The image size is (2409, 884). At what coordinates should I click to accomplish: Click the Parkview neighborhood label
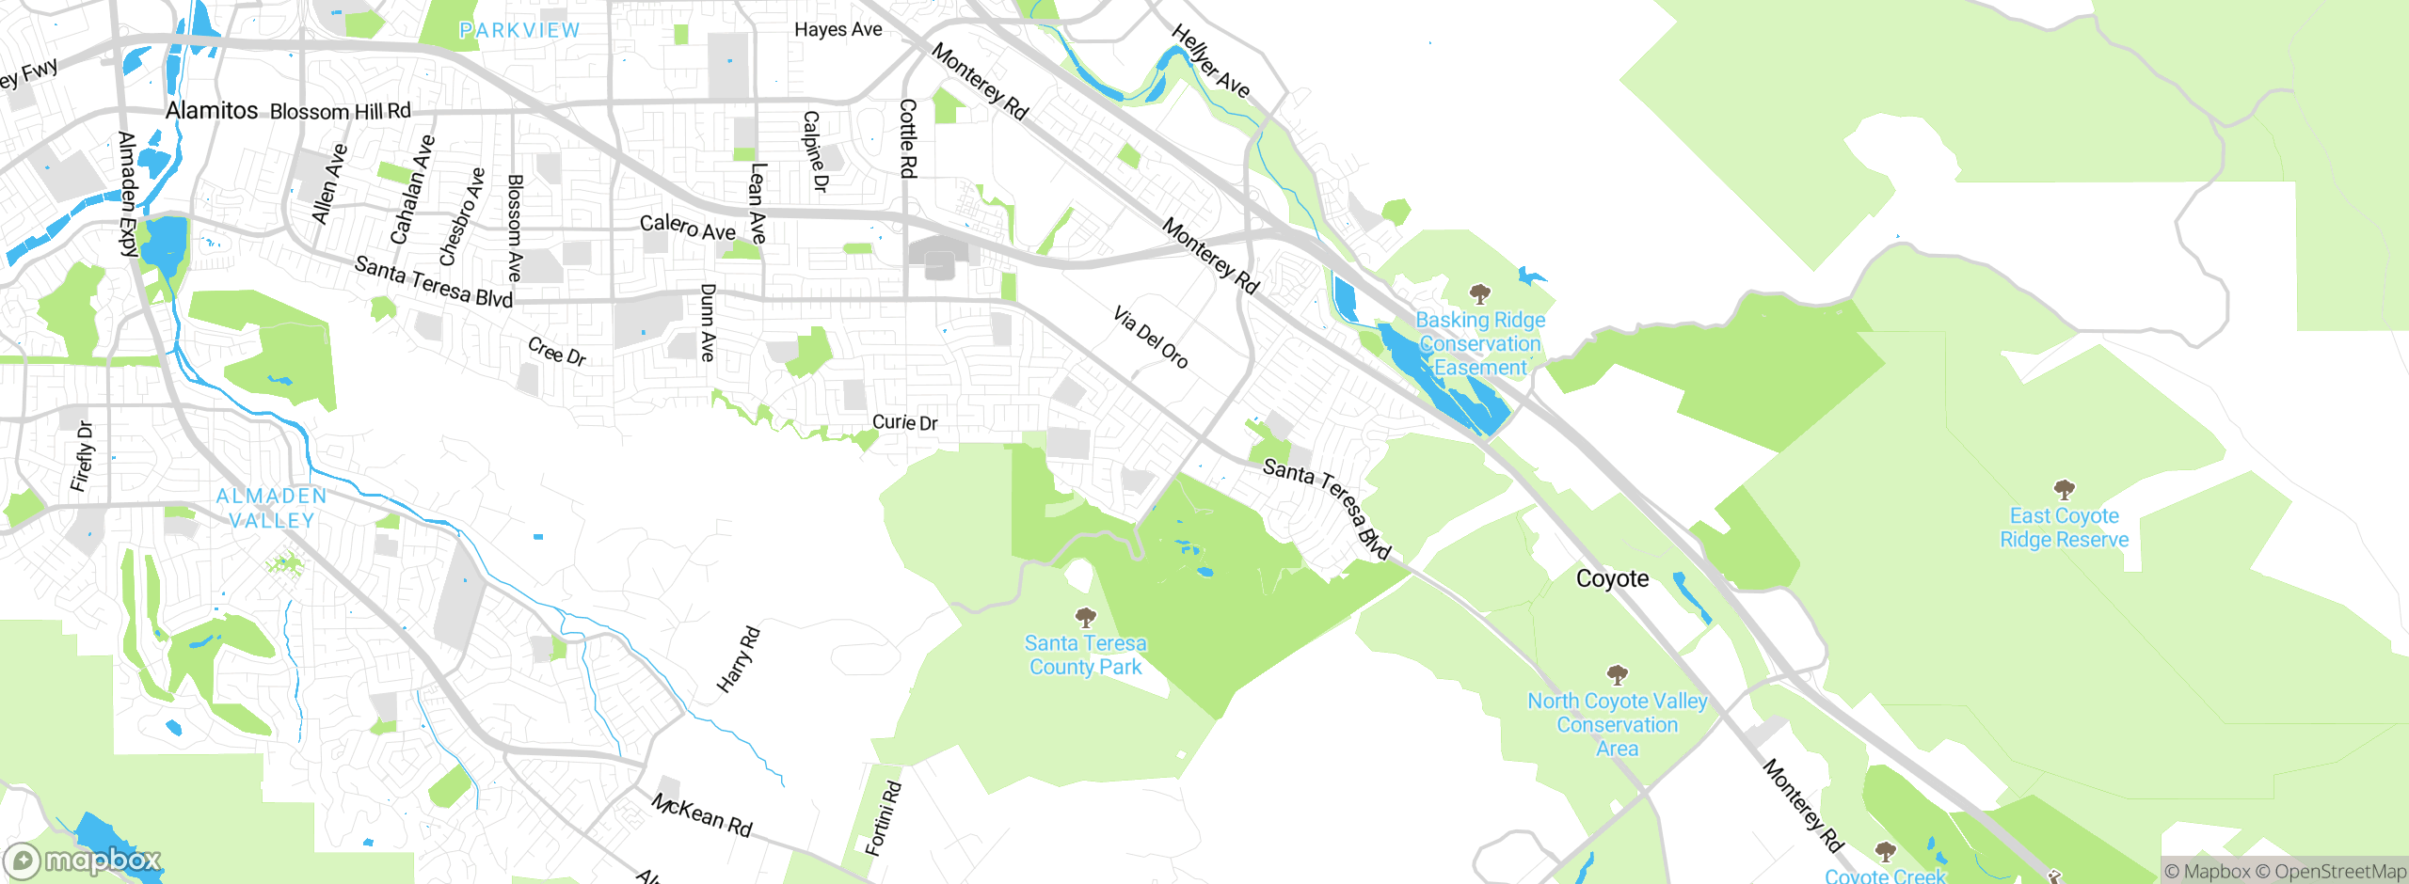(519, 30)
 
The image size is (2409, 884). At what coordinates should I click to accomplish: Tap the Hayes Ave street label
(838, 29)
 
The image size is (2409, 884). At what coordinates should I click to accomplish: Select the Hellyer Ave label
(1210, 62)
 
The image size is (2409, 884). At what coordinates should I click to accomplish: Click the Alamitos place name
(212, 110)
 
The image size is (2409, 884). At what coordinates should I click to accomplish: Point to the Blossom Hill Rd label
(340, 111)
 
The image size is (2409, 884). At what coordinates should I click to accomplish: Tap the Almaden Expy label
(127, 194)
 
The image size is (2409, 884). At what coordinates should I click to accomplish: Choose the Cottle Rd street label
(907, 138)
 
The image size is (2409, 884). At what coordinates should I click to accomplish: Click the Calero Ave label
(687, 227)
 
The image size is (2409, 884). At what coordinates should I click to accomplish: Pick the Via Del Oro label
(1150, 337)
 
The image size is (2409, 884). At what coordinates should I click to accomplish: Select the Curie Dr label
(904, 422)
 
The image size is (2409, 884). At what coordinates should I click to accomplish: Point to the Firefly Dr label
(83, 456)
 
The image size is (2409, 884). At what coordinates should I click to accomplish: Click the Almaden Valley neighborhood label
(272, 508)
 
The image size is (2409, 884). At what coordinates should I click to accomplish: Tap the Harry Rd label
(738, 659)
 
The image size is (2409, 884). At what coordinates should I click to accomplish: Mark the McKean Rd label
(702, 814)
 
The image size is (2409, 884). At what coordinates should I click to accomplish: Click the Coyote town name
(1612, 578)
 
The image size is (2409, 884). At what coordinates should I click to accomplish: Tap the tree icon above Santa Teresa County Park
(1086, 617)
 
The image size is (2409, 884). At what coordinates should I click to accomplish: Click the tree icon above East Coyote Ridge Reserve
(2064, 489)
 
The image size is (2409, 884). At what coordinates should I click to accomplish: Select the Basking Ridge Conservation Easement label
(1480, 343)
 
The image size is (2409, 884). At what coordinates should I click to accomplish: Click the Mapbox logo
(83, 860)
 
